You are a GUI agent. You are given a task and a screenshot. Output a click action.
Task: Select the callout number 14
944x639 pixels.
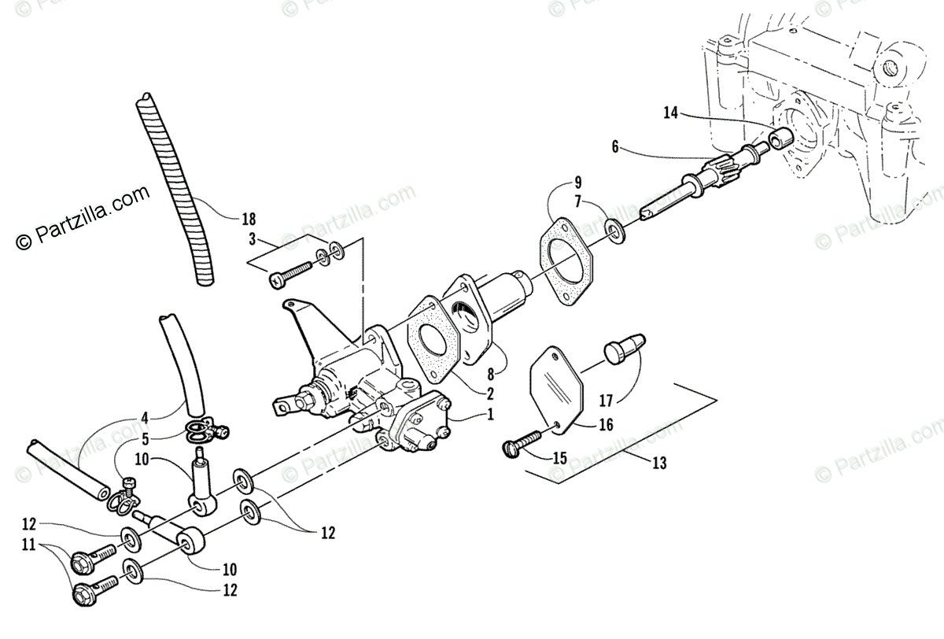click(670, 113)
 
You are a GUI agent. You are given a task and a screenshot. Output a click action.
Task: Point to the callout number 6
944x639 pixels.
click(615, 146)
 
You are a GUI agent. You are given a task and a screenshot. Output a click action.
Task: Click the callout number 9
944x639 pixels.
click(577, 181)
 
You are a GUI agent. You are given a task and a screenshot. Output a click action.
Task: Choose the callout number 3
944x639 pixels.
click(252, 238)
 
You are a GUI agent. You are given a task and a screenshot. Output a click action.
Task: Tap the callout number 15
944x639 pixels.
click(560, 457)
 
